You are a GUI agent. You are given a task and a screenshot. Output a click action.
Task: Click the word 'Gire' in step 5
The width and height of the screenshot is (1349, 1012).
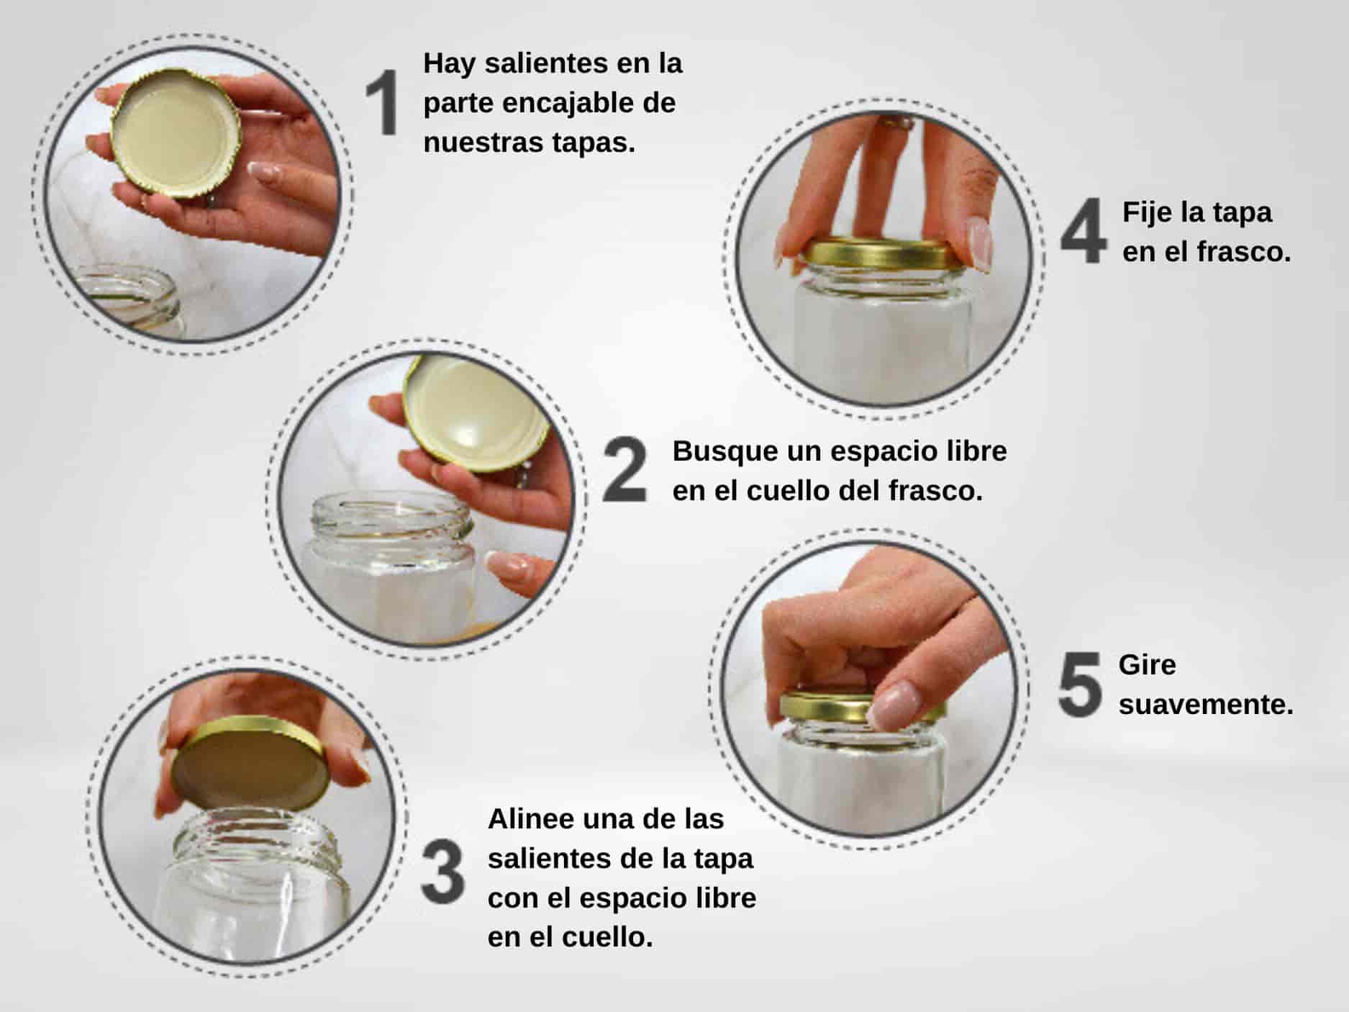[x=1147, y=665]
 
